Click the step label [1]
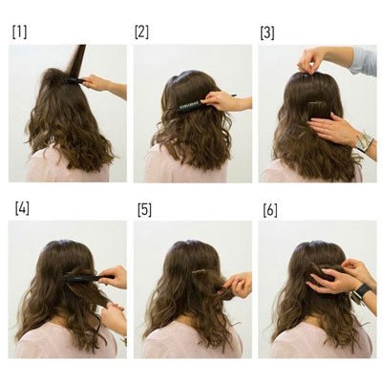19,32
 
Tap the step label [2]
141,32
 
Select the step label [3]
267,33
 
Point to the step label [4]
22,208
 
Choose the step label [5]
144,210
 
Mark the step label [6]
270,210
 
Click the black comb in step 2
203,102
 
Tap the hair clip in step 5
198,271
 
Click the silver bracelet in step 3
364,141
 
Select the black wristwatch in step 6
364,290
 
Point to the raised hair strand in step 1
75,60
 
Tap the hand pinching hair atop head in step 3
309,61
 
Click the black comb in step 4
89,278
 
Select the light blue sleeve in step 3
364,60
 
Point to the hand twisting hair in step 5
237,284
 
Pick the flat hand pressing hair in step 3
331,128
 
